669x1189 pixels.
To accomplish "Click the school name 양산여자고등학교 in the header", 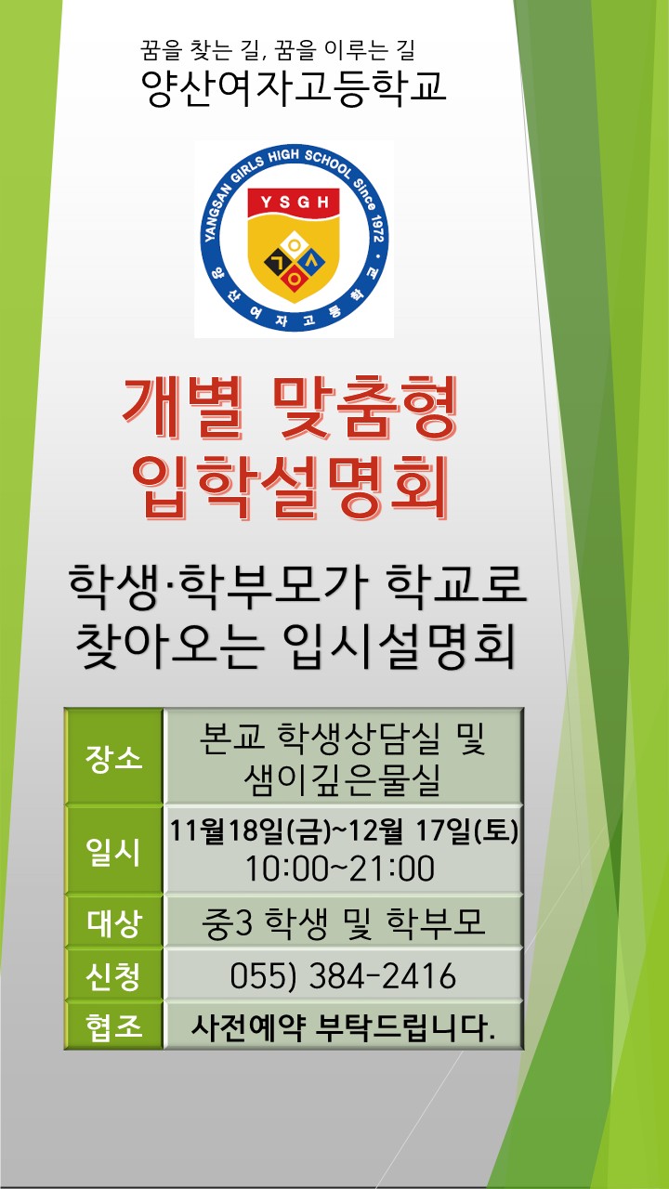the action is [x=293, y=87].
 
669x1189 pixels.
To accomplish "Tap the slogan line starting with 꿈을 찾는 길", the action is [x=277, y=50].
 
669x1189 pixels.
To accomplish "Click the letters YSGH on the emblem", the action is [x=295, y=203].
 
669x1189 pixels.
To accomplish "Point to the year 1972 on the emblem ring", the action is [x=377, y=229].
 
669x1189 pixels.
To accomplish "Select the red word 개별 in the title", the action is [x=183, y=407].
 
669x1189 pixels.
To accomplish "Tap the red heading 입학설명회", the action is [x=291, y=487].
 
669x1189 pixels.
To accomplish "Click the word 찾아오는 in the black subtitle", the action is [x=169, y=646].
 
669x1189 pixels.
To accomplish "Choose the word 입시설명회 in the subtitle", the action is [x=399, y=646].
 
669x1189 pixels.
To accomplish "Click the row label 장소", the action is [x=113, y=757].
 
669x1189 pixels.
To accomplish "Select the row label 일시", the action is [x=113, y=852].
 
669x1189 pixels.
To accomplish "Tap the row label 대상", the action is [x=113, y=922].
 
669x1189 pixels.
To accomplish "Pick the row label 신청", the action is [x=113, y=975].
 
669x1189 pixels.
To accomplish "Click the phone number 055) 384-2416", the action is [x=343, y=975].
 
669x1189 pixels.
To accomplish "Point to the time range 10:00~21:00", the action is [x=340, y=869].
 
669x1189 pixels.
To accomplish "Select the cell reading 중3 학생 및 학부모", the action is [x=343, y=922].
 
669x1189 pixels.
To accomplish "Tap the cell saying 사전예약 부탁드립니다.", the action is [x=343, y=1027].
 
